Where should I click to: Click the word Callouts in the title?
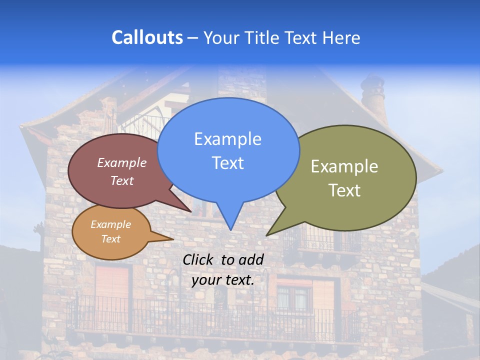point(147,37)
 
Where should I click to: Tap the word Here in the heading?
point(341,37)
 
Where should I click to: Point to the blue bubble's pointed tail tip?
point(230,229)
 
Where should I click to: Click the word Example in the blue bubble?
point(227,139)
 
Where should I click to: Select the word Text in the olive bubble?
point(344,190)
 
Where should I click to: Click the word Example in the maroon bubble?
point(121,163)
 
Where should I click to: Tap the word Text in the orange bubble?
point(111,239)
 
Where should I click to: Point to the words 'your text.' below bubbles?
point(223,280)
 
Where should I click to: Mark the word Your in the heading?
point(221,37)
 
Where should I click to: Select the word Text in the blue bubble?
point(227,163)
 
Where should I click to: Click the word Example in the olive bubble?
point(344,166)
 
